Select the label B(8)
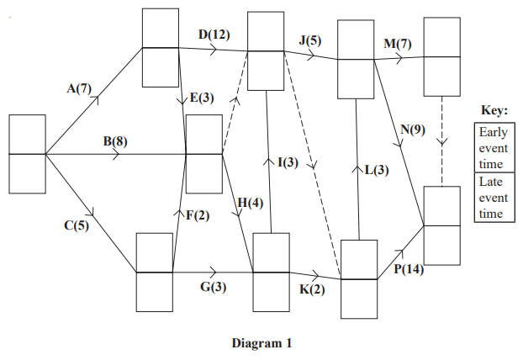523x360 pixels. click(115, 141)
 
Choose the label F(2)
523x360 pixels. click(196, 216)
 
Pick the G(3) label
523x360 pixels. click(212, 288)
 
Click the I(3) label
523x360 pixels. click(287, 161)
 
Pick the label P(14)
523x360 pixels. click(407, 269)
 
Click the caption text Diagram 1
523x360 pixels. click(261, 343)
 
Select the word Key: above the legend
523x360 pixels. click(493, 110)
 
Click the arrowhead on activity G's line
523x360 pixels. click(214, 273)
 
